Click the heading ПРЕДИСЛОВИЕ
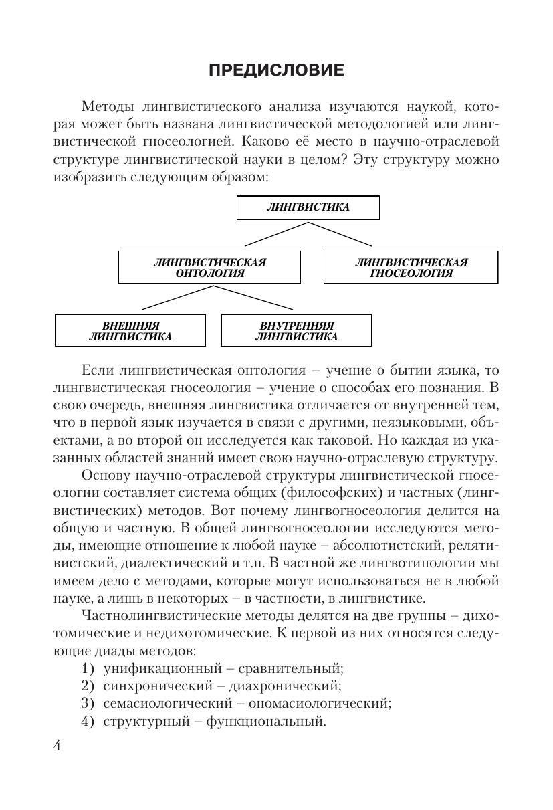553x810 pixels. (276, 70)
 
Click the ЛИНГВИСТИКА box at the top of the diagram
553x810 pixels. (308, 207)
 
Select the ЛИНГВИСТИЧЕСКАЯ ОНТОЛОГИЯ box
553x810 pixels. (209, 268)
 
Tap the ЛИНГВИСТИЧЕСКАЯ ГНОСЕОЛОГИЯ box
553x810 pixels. (411, 268)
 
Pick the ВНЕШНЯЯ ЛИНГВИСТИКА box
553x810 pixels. (130, 331)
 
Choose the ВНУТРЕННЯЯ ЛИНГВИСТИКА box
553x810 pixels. (296, 331)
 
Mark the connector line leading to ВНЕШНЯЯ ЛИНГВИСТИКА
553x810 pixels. (177, 298)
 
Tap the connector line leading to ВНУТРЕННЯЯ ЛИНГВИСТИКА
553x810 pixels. (254, 298)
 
